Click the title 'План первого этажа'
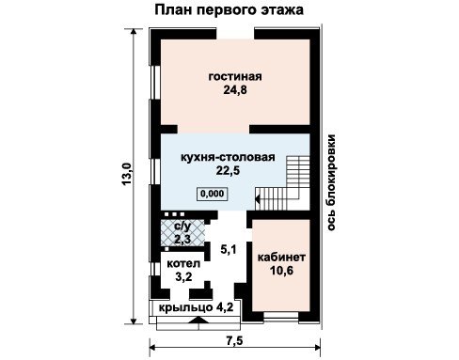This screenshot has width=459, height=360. pyautogui.click(x=229, y=9)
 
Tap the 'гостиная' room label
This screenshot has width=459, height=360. pyautogui.click(x=235, y=76)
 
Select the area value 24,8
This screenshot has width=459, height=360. pyautogui.click(x=235, y=90)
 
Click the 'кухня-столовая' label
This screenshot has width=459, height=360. pyautogui.click(x=228, y=157)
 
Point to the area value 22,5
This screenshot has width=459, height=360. pyautogui.click(x=228, y=170)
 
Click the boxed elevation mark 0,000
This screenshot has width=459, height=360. pyautogui.click(x=213, y=194)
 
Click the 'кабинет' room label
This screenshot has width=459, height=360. pyautogui.click(x=281, y=258)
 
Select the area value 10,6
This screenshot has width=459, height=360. pyautogui.click(x=281, y=271)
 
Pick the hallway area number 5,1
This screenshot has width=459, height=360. pyautogui.click(x=229, y=250)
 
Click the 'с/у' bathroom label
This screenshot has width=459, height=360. pyautogui.click(x=182, y=226)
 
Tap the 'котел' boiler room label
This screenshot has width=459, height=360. pyautogui.click(x=183, y=263)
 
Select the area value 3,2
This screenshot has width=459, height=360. pyautogui.click(x=183, y=277)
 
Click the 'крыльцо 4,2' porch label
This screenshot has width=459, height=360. pyautogui.click(x=196, y=307)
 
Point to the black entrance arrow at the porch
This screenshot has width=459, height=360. pyautogui.click(x=198, y=320)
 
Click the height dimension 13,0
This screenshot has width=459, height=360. pyautogui.click(x=127, y=174)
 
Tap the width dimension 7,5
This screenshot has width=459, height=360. pyautogui.click(x=235, y=340)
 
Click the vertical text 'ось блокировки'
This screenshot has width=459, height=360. pyautogui.click(x=331, y=182)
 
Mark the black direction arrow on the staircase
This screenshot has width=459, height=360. pyautogui.click(x=258, y=199)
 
